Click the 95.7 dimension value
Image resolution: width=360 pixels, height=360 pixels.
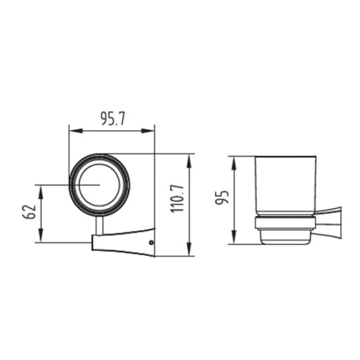coord(113,119)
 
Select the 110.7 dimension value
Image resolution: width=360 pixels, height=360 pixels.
coord(177,199)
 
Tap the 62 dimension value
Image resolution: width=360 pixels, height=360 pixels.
coord(29,212)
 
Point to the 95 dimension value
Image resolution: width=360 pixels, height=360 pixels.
coord(222,197)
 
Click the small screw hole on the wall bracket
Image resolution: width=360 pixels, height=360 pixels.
coord(151,242)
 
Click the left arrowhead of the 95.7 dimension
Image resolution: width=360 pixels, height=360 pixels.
coord(76,131)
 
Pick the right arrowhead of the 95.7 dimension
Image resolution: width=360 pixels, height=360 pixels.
coord(148,131)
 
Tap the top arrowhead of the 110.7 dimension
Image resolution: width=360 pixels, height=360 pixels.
coord(189,161)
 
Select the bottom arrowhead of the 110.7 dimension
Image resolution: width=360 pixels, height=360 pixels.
coord(189,249)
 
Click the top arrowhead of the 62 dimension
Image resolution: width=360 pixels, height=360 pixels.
coord(41,192)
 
